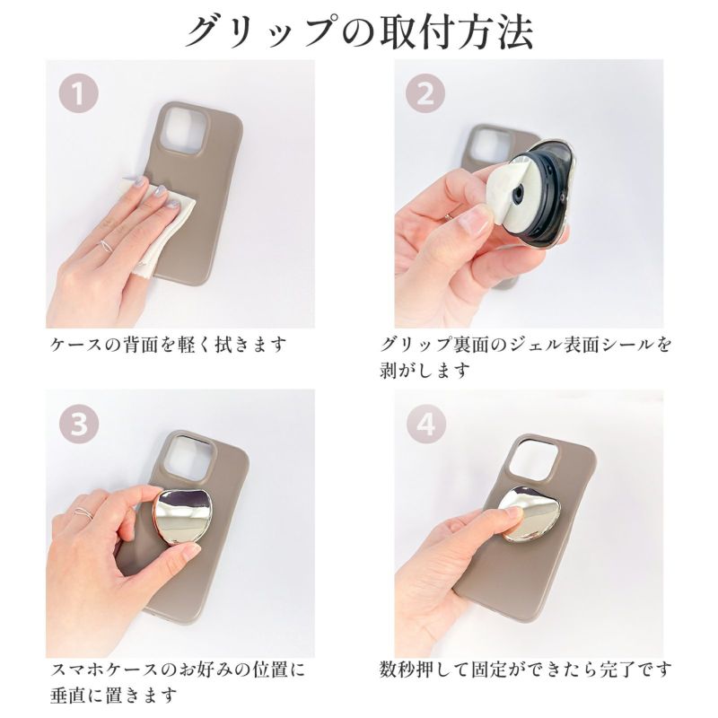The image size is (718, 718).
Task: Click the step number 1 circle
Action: click(79, 93)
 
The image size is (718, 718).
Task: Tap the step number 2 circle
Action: click(425, 93)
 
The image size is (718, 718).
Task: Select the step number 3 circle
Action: click(79, 424)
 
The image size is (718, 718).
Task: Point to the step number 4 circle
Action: click(425, 424)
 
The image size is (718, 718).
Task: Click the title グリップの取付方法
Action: click(360, 32)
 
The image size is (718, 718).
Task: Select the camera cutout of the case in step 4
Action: click(534, 463)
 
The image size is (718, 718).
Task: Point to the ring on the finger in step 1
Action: click(106, 245)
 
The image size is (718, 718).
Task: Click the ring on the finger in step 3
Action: click(83, 512)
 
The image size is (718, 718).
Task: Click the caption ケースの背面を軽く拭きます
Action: click(168, 345)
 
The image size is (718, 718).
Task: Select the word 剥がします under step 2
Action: click(425, 370)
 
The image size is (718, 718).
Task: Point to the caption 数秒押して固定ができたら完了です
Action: click(525, 670)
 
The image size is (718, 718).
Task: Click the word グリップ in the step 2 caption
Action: click(415, 345)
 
